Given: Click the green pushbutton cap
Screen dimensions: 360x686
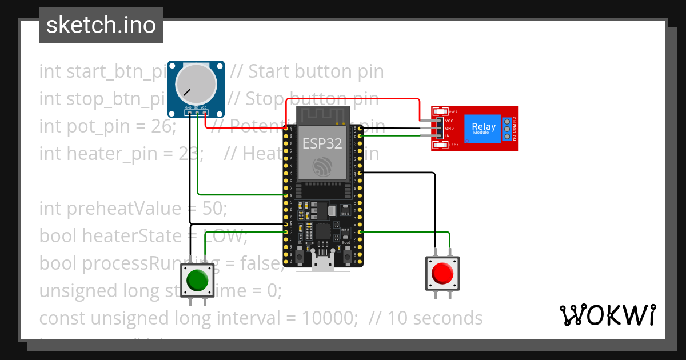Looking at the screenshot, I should point(197,280).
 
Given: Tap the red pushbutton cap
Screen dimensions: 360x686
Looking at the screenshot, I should point(442,274).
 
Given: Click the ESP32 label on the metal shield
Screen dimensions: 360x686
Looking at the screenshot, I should point(322,143).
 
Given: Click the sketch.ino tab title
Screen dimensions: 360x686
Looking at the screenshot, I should point(101,25).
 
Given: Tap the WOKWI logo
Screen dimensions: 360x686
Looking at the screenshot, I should point(607,315).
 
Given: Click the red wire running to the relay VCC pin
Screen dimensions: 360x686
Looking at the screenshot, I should point(354,98).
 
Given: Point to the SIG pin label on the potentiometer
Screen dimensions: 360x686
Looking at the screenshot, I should point(196,107).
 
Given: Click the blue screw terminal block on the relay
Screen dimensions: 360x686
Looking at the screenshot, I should point(507,129).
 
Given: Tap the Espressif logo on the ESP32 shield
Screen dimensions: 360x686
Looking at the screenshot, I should point(322,166).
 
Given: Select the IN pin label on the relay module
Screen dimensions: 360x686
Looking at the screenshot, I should point(447,136).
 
